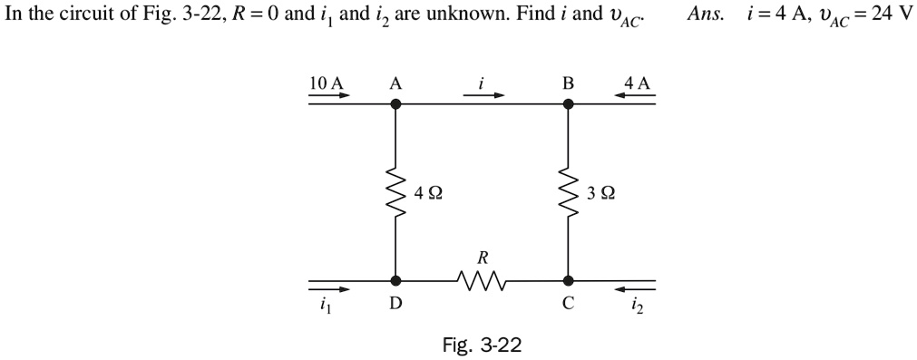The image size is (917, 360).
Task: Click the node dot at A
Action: click(x=395, y=103)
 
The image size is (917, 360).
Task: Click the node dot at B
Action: click(x=569, y=103)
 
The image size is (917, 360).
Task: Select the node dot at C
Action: click(x=569, y=281)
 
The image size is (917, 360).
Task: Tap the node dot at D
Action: click(x=395, y=281)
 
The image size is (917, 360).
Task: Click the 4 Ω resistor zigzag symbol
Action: click(x=395, y=192)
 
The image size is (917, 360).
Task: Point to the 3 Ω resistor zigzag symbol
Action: click(x=569, y=192)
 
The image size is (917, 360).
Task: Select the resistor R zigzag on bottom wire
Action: click(x=482, y=282)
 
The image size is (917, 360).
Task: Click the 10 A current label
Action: click(x=327, y=83)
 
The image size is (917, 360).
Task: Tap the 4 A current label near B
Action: click(x=637, y=83)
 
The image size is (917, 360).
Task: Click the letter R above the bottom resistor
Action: click(x=482, y=258)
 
